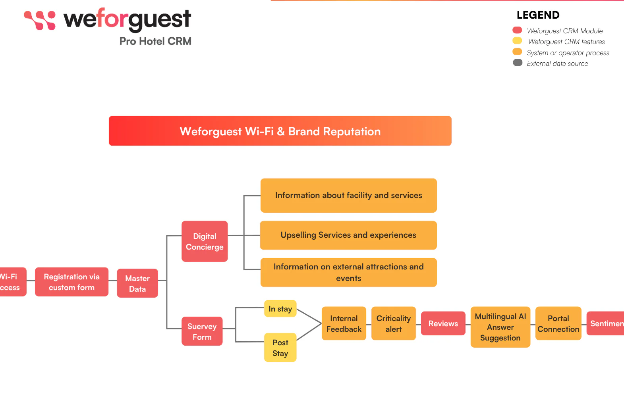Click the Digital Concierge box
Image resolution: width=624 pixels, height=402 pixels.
pos(205,241)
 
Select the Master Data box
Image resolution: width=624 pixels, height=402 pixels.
pos(137,283)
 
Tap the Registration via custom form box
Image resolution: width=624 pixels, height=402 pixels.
pos(71,282)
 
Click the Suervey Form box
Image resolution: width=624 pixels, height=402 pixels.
pos(202,331)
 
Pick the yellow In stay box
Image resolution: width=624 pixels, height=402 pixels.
pos(280,309)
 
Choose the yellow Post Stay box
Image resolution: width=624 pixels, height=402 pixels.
pos(280,348)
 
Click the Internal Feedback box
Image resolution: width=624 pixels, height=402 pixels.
pos(344,323)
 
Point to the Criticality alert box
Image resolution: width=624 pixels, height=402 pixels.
pos(393,323)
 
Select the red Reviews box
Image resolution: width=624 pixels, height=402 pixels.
pos(443,323)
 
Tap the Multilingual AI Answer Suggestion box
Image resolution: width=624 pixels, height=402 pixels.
pos(500,327)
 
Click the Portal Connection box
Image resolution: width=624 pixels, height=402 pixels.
pos(558,323)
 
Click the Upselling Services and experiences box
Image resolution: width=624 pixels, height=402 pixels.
pos(348,235)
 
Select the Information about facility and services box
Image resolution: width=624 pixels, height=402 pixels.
pos(348,195)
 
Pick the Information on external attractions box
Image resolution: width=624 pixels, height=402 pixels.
pos(348,272)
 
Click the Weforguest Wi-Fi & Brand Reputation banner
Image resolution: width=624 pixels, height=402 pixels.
pos(280,131)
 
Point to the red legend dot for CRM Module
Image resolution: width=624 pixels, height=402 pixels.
pos(517,30)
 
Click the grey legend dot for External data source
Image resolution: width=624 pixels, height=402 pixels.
pos(518,63)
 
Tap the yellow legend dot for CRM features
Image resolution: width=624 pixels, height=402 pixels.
pos(517,40)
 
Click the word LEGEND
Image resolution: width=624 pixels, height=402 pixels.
pos(538,15)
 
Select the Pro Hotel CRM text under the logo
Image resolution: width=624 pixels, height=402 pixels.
pos(155,41)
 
